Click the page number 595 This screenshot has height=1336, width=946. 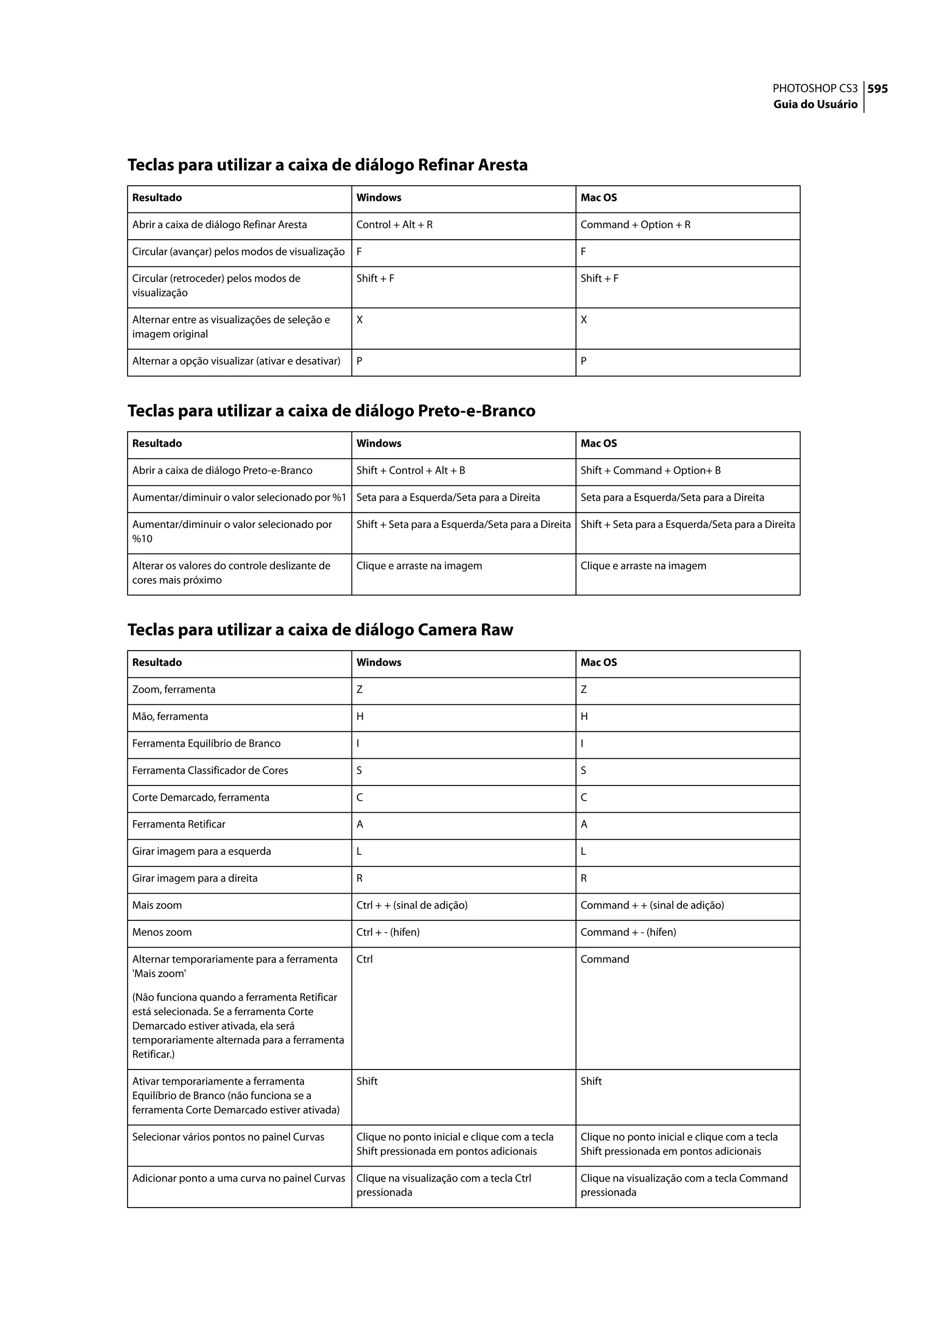pos(877,89)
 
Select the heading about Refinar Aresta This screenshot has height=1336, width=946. pos(327,165)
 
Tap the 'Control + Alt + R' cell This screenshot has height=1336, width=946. pos(394,225)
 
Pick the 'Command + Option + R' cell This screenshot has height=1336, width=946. pos(635,225)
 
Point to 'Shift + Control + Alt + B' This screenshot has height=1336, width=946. pos(411,471)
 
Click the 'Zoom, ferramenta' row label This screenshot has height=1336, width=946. pos(174,689)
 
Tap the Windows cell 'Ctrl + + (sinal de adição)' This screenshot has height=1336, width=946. pos(412,905)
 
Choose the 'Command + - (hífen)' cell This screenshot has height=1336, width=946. pos(628,932)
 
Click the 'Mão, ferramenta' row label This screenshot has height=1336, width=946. pos(170,716)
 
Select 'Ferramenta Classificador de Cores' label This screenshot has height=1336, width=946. pos(210,770)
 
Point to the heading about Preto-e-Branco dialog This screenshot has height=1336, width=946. pos(331,411)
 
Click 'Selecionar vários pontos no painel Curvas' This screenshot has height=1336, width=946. pos(228,1137)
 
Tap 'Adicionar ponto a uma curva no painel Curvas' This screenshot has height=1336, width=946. pos(238,1178)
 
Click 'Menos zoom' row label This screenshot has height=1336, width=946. pos(162,932)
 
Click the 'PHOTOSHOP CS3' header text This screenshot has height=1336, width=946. pos(814,89)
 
